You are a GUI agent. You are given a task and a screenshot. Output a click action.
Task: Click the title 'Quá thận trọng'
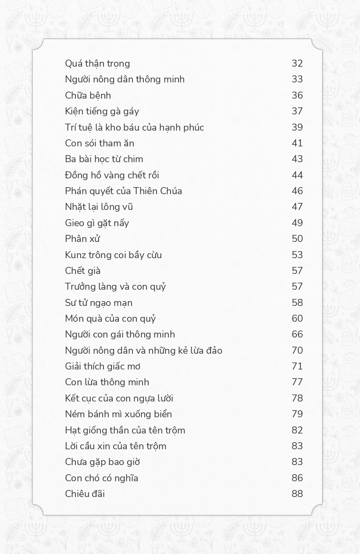[97, 64]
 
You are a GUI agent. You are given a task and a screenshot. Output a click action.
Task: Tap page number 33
[297, 79]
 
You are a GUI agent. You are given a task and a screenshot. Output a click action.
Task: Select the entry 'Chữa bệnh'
[88, 96]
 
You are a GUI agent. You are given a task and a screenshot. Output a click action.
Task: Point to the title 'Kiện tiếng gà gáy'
[102, 111]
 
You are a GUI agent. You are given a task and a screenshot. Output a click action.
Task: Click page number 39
[297, 128]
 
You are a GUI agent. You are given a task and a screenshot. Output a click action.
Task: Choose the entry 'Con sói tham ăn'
[100, 143]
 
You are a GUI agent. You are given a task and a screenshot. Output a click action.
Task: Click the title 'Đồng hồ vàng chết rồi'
[112, 175]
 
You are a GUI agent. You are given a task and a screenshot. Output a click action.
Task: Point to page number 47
[297, 207]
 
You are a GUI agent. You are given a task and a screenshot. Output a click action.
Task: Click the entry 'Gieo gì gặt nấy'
[97, 223]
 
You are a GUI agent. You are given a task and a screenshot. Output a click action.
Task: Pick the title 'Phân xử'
[82, 239]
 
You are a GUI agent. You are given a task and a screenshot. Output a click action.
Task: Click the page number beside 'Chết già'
[297, 271]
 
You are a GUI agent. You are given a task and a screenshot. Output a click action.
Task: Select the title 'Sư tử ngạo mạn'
[99, 303]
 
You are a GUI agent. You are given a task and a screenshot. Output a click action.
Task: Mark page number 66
[297, 334]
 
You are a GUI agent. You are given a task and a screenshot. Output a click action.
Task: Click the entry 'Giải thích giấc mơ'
[103, 366]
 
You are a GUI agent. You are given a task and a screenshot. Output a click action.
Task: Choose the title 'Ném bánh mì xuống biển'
[118, 414]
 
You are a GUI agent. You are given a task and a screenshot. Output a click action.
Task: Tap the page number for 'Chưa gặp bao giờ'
[297, 462]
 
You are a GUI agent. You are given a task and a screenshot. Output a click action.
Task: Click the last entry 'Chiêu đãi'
[85, 494]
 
